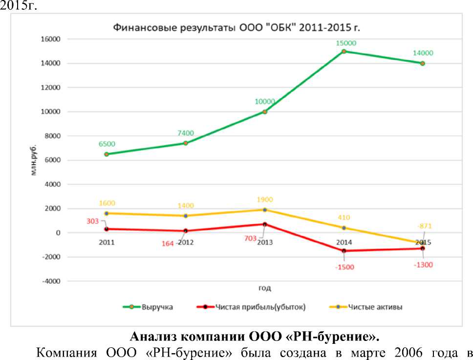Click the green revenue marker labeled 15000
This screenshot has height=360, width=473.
344,51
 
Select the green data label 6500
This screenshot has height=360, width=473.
107,144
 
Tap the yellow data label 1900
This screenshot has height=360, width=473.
265,200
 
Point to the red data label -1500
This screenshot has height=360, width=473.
344,267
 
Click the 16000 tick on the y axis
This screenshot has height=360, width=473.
50,39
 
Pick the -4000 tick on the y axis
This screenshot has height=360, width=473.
50,281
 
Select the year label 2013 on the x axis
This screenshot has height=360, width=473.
265,242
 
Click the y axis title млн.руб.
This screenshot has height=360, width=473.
35,160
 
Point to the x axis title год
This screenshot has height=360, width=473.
264,288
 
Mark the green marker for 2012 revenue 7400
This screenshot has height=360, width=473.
186,143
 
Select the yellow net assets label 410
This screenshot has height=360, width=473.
344,218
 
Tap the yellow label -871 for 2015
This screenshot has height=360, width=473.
425,226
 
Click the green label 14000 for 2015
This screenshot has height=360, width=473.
423,53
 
